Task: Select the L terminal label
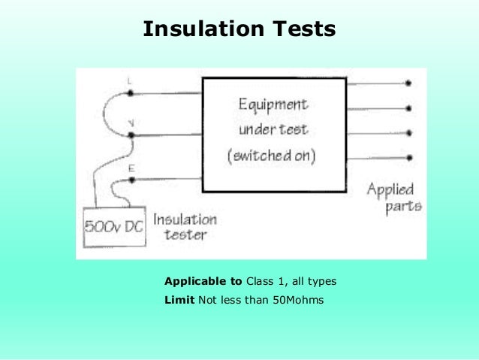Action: pos(130,80)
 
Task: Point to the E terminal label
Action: pos(131,169)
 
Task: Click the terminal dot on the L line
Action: pos(131,92)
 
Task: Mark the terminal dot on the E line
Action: pos(131,179)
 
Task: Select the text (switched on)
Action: pos(272,156)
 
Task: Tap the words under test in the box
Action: pos(273,129)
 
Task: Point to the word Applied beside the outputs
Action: pos(390,188)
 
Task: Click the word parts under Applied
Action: pos(403,206)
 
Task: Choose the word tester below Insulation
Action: pos(181,235)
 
